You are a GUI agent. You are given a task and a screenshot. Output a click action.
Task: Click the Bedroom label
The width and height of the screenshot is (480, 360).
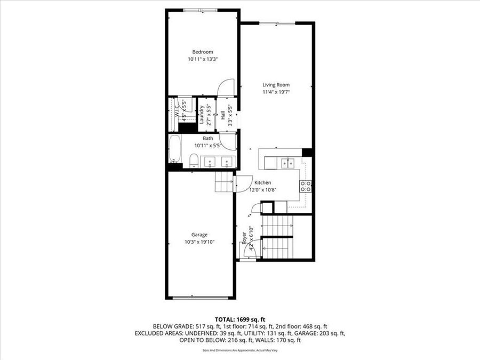[x=203, y=52]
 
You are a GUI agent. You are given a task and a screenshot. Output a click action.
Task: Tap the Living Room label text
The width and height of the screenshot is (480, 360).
[x=276, y=84]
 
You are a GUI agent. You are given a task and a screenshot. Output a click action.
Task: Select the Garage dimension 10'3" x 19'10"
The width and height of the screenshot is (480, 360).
[x=200, y=242]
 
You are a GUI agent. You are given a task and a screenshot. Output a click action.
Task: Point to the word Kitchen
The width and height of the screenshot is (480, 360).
[x=263, y=182]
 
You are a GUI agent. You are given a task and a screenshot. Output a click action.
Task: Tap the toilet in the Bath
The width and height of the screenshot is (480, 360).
[x=194, y=161]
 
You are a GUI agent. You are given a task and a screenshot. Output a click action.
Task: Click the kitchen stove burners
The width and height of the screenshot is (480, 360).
[x=306, y=186]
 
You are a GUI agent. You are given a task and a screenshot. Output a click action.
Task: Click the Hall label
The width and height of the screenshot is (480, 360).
[x=223, y=114]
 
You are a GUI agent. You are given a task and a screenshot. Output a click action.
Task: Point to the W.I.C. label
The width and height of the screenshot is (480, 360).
[x=176, y=110]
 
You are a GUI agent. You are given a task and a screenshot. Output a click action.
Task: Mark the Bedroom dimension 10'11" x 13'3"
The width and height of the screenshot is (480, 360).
[x=203, y=60]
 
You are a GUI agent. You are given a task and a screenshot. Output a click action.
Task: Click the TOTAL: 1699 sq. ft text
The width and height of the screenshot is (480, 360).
[x=239, y=318]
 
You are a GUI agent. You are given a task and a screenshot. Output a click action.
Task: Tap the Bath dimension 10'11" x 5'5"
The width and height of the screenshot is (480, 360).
[x=207, y=145]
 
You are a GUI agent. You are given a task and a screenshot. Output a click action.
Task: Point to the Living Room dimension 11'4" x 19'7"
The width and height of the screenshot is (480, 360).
[x=276, y=92]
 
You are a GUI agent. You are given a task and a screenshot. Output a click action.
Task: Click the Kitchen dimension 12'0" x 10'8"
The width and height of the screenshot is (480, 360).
[x=263, y=189]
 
